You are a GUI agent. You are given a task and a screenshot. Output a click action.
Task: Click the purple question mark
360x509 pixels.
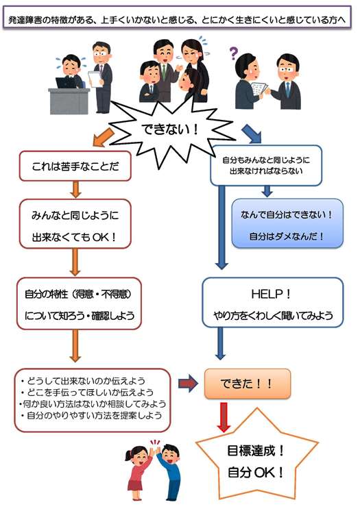coord(234,53)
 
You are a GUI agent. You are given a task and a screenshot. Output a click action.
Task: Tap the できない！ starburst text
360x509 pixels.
coord(170,129)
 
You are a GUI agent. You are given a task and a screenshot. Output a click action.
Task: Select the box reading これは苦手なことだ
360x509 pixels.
coord(75,166)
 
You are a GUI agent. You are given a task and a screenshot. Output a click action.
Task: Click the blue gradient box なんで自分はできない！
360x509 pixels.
coord(287,223)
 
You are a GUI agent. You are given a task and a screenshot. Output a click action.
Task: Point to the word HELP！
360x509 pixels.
coord(271,294)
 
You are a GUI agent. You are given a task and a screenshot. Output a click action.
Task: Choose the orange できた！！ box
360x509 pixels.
coord(248,384)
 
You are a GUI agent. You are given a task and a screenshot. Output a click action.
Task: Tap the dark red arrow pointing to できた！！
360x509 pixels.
coord(188,384)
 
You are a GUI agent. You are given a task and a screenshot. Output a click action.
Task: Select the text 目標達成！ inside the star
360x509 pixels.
coord(256,451)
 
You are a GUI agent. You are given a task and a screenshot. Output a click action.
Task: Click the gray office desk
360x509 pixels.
coord(69,101)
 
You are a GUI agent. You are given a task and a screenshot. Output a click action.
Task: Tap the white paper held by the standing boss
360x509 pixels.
coord(95,79)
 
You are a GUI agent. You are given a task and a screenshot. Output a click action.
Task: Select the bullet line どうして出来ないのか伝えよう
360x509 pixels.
coord(83,380)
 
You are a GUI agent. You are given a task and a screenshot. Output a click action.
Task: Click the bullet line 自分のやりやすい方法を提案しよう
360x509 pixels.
coord(91,415)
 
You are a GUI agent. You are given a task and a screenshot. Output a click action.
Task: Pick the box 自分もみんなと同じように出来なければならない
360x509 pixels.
coord(266,165)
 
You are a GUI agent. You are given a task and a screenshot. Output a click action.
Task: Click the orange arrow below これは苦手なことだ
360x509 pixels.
coord(75,189)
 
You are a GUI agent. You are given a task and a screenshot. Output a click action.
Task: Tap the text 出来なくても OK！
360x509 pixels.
coord(74,237)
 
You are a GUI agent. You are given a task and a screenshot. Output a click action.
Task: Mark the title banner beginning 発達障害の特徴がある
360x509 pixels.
coord(177,20)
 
